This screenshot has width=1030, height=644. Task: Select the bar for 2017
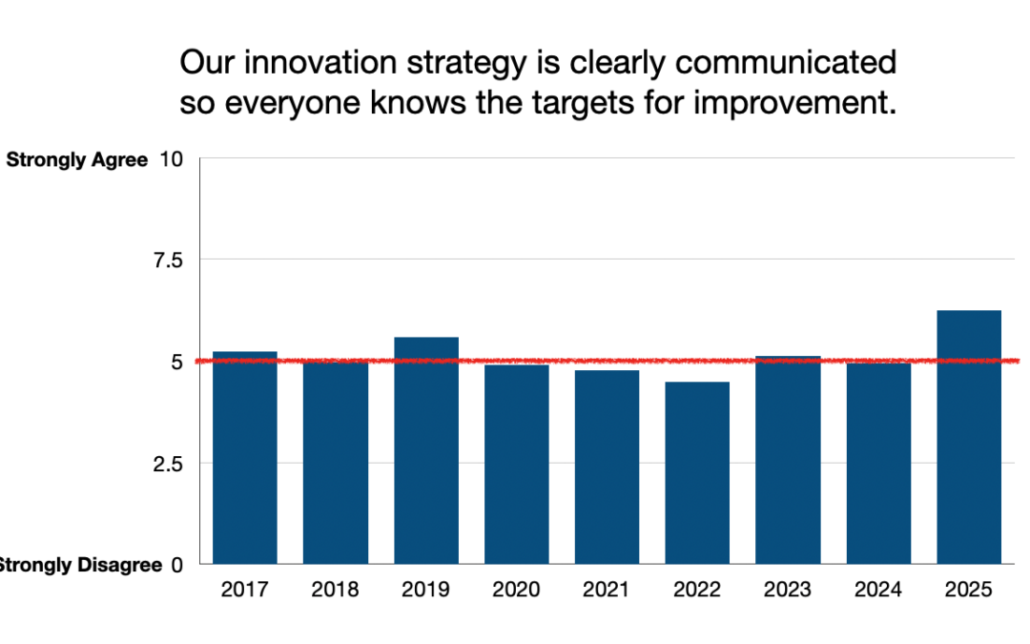[244, 458]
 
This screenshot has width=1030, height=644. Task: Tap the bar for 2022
[697, 472]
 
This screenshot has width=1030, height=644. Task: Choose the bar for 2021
[607, 467]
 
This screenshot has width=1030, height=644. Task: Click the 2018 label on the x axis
[335, 590]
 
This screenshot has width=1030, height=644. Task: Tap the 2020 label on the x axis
[516, 590]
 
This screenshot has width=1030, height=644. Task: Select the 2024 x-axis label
[878, 590]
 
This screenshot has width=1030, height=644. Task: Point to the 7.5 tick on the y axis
[174, 260]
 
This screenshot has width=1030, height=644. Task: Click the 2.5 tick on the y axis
[174, 463]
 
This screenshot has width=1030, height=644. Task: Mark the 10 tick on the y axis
[172, 158]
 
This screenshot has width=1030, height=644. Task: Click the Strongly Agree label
[77, 160]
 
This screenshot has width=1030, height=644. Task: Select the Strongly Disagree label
[80, 565]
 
